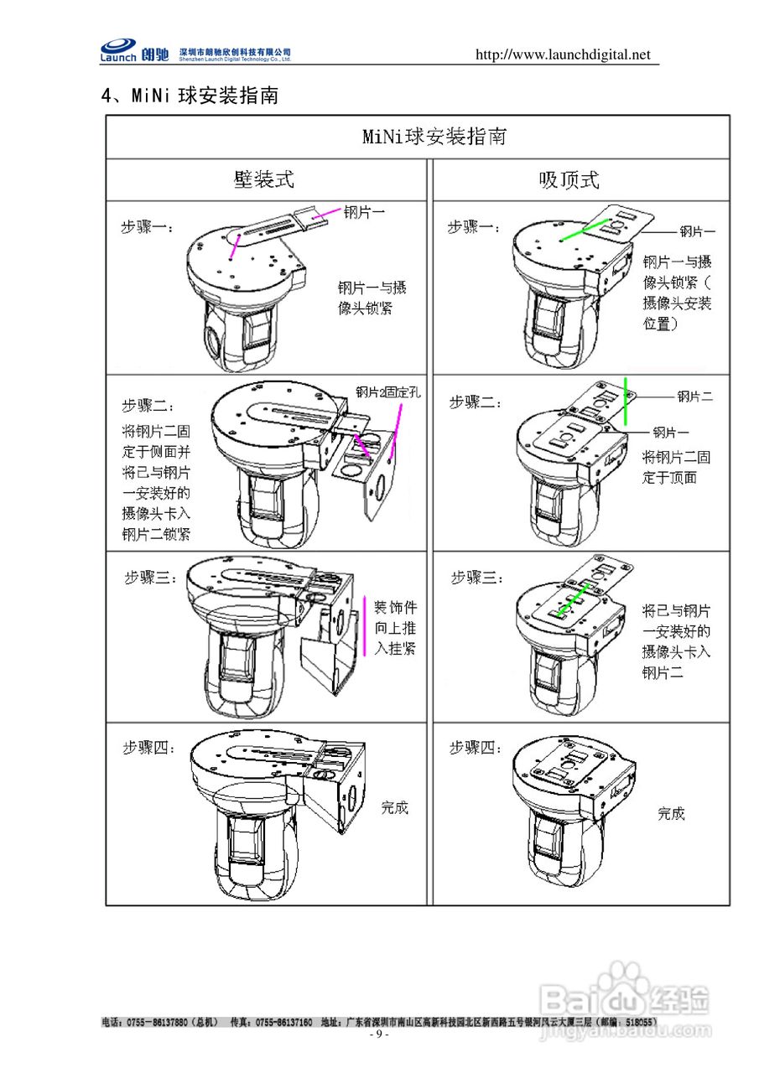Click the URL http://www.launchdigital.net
[563, 55]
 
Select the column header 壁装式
[264, 179]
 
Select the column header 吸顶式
[569, 179]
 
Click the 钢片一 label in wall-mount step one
[365, 213]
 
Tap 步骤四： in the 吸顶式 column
[476, 747]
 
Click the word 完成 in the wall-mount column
[394, 808]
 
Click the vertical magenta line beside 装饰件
[365, 625]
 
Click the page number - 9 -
[379, 1034]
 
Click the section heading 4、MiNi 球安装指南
[190, 96]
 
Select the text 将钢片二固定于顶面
[676, 468]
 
